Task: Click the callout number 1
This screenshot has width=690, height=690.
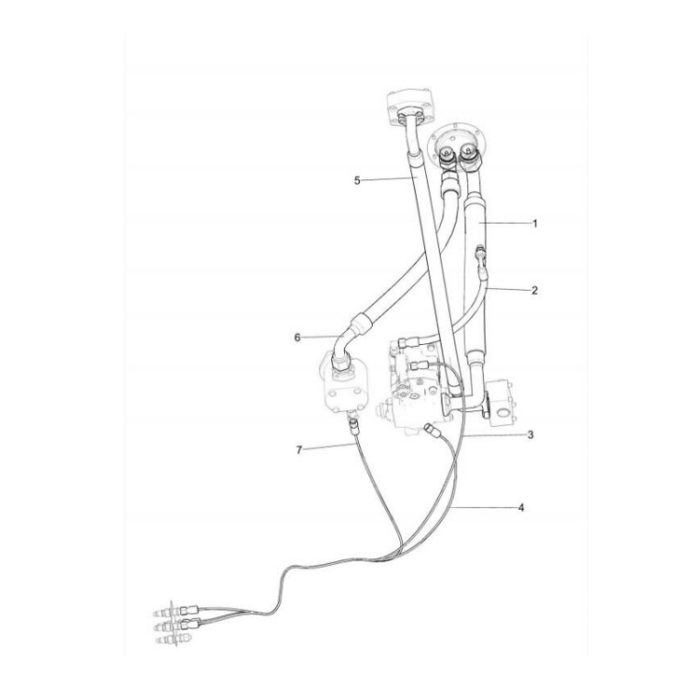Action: click(535, 224)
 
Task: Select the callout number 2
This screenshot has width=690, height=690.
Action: click(535, 290)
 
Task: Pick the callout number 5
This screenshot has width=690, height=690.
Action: click(357, 180)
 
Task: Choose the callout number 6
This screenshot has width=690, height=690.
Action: click(297, 338)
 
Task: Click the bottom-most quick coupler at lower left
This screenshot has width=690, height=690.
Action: click(167, 636)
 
